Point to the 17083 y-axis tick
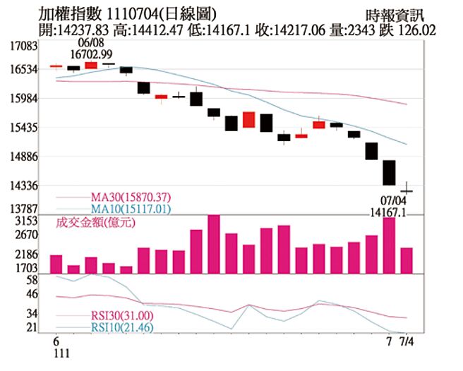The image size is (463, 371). [23, 46]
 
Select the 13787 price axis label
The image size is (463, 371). [23, 209]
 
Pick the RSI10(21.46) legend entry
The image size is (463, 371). [124, 329]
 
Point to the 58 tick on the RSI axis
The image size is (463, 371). [30, 281]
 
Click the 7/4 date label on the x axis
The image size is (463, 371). [409, 341]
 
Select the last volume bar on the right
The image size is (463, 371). [407, 260]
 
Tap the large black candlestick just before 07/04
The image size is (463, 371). [389, 172]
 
